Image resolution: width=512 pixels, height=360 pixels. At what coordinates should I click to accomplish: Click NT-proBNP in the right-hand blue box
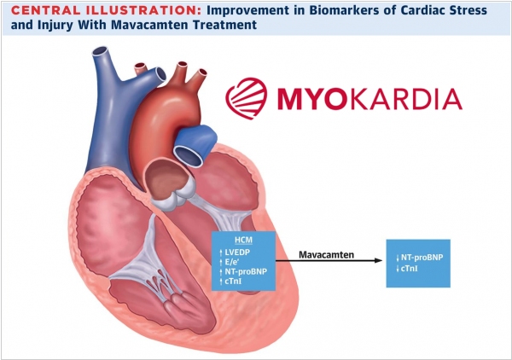(x=418, y=258)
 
